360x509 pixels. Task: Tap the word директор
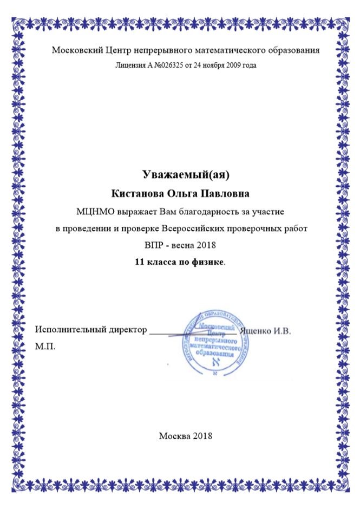coord(124,329)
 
